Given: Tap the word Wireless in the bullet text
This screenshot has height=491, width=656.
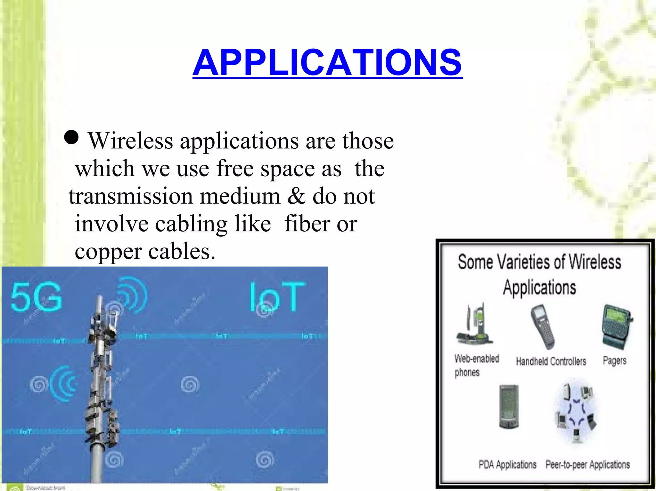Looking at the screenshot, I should tap(131, 141).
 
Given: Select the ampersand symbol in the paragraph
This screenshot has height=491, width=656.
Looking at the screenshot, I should tap(296, 196).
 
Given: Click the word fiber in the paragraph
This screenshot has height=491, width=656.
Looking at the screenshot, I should tap(307, 224).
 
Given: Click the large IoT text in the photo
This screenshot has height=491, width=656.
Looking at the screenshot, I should tap(277, 297).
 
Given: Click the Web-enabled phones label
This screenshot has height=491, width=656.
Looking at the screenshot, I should tap(476, 365).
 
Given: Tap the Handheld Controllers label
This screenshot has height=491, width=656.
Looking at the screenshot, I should tap(551, 361).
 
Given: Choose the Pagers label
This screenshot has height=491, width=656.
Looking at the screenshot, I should tap(614, 361).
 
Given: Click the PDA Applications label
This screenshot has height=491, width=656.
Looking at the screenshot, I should tap(507, 464).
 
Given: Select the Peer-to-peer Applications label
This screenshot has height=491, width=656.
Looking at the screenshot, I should tap(587, 464).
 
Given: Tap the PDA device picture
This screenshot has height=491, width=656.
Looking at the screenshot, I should tap(509, 407).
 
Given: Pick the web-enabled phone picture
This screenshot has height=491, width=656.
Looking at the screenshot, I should tap(475, 324).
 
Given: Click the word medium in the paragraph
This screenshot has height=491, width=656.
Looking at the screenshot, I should tap(240, 196).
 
